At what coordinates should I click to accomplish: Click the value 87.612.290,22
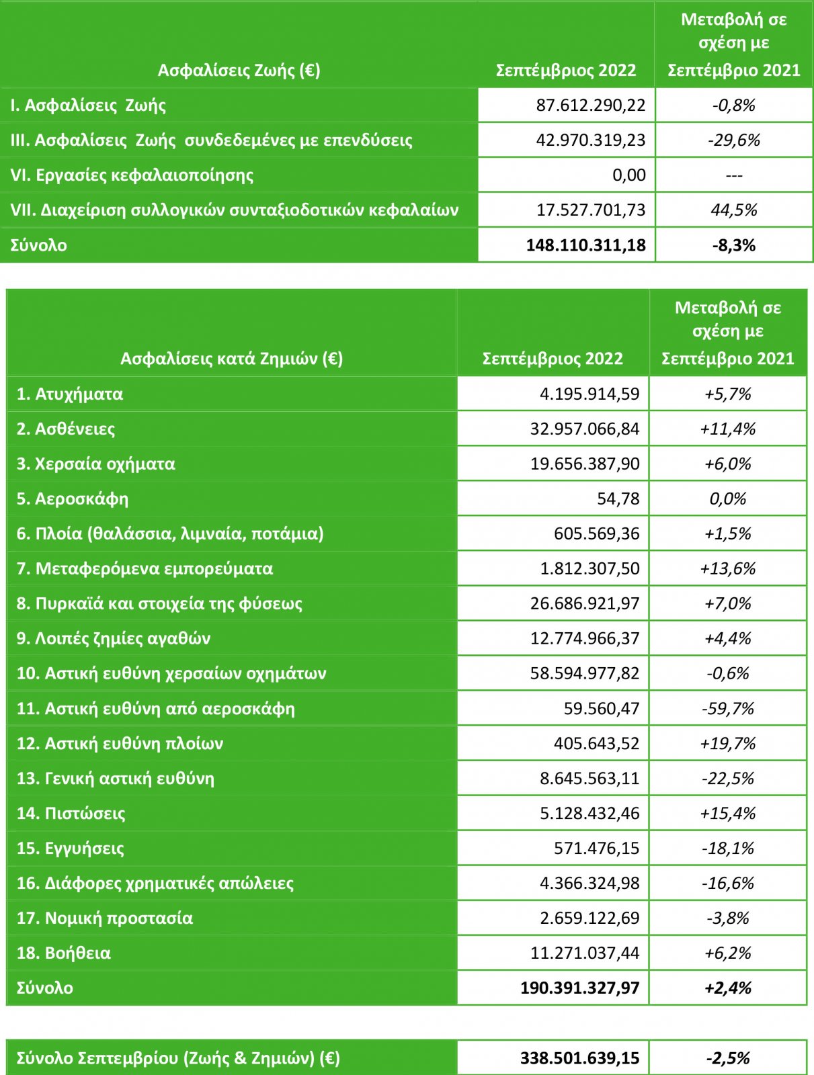[590, 105]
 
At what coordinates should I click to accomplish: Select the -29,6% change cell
[734, 140]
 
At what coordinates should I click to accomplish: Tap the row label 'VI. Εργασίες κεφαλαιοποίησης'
[132, 175]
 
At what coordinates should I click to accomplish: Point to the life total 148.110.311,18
[585, 245]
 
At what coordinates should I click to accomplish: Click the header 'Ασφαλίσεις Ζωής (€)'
[239, 71]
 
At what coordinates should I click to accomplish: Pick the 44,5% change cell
[734, 210]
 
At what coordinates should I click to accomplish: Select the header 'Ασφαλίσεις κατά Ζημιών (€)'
[231, 359]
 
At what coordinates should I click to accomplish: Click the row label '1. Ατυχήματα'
[70, 394]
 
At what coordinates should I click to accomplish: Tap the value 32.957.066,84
[585, 429]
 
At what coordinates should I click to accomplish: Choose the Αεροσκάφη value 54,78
[618, 499]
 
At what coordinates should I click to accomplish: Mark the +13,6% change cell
[728, 569]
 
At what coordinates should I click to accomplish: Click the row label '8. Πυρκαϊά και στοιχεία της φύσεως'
[159, 604]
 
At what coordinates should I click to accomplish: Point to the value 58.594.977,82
[585, 674]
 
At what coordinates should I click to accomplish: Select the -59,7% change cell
[728, 709]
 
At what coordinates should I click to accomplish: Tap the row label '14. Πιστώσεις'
[71, 814]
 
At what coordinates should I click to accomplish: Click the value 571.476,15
[596, 849]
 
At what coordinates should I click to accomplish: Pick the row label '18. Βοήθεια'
[64, 953]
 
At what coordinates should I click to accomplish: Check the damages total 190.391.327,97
[579, 988]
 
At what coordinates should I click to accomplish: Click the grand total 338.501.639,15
[579, 1059]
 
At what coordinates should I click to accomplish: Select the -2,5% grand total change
[728, 1059]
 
